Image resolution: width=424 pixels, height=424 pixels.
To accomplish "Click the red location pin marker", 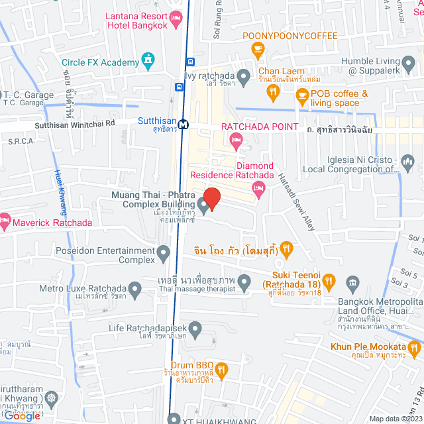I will [x=211, y=197].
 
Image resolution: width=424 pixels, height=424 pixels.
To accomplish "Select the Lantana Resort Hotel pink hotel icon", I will [x=176, y=23].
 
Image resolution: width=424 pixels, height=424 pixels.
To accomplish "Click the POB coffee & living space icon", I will [x=302, y=98].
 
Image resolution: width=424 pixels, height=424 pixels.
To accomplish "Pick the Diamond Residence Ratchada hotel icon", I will [x=259, y=189].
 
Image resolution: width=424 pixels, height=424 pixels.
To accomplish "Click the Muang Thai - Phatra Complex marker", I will [x=203, y=205].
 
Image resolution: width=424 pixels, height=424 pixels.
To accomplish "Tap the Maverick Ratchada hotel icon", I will [x=5, y=219].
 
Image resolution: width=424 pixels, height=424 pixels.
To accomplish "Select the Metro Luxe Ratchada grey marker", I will [x=135, y=289].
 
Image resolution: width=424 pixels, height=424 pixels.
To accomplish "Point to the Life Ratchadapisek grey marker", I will [x=195, y=328].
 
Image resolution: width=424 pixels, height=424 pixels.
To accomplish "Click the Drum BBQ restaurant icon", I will [x=223, y=368].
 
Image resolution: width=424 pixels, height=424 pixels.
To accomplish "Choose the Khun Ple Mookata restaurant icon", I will [x=415, y=347].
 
